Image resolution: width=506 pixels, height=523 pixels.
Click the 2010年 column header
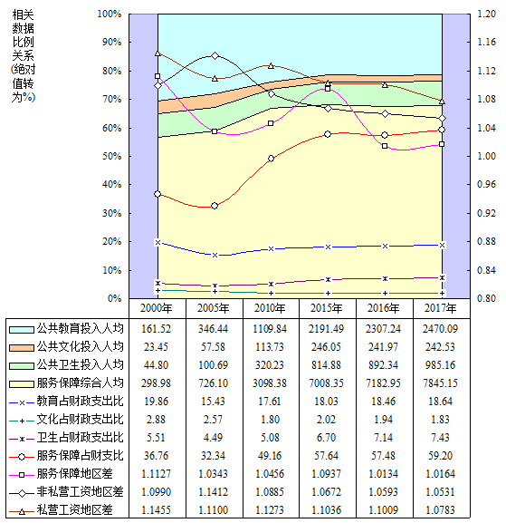tap(270, 308)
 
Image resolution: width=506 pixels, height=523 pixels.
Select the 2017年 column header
tap(441, 308)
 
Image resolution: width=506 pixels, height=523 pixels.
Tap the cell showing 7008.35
tap(327, 383)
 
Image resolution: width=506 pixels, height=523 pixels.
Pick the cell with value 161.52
tap(156, 329)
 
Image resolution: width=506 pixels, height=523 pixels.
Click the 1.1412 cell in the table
tap(213, 491)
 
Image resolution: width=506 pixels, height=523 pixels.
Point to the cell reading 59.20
tap(441, 455)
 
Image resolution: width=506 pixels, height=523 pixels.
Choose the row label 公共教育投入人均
tap(80, 329)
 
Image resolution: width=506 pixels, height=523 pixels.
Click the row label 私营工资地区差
tap(74, 509)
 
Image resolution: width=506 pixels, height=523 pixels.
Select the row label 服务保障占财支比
tap(80, 455)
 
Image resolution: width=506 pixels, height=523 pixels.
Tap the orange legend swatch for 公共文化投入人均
tap(22, 348)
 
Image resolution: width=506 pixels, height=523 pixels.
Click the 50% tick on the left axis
tap(112, 156)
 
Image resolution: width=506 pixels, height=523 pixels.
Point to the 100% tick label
tap(110, 14)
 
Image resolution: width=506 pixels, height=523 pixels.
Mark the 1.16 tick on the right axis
tap(486, 42)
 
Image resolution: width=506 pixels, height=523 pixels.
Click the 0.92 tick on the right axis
tap(486, 213)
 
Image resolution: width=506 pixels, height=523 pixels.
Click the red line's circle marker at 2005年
tap(215, 206)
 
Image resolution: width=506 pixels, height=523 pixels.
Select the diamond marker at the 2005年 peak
tap(215, 55)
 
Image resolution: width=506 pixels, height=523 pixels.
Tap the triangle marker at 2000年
tap(158, 53)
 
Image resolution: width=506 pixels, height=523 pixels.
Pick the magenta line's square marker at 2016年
tap(385, 146)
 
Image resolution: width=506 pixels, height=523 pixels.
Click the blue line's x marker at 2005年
tap(215, 256)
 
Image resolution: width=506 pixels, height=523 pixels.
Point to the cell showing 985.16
tap(441, 365)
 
